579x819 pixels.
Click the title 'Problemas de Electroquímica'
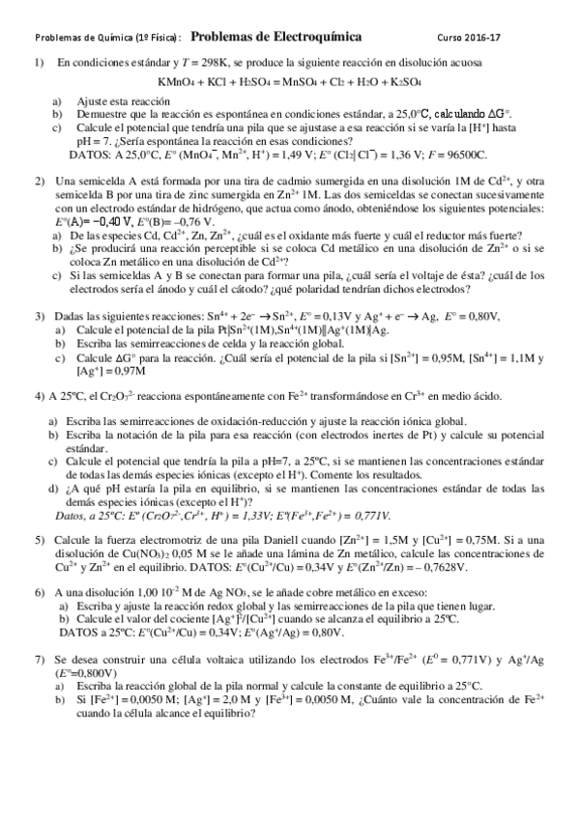pos(276,37)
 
